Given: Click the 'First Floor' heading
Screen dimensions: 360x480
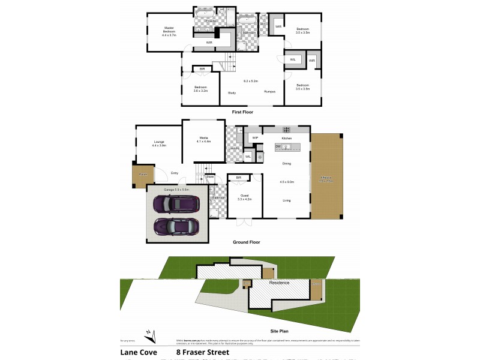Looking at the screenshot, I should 242,112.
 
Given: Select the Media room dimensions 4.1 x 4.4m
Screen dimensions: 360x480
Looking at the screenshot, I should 204,142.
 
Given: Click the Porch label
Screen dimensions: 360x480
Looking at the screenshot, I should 143,174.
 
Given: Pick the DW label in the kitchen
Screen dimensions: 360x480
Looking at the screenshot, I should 278,146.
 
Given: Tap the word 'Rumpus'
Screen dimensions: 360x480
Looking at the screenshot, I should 270,92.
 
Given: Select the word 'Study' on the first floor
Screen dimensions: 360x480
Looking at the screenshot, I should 232,92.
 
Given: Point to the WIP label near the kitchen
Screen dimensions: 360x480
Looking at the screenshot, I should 254,138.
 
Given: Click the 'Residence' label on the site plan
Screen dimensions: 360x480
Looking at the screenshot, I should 279,283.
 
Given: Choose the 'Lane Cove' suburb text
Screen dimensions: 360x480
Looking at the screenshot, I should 139,353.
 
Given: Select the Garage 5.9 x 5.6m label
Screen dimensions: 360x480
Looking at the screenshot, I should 177,189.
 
